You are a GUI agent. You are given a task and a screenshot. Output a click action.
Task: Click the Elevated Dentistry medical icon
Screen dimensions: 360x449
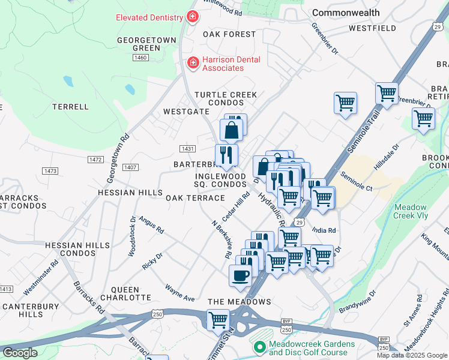(193, 17)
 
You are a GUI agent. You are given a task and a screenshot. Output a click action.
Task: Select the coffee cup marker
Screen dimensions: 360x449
(240, 276)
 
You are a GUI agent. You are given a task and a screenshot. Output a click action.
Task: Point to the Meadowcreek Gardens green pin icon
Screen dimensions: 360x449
(260, 347)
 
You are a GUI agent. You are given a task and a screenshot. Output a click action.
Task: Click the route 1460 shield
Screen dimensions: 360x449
(141, 57)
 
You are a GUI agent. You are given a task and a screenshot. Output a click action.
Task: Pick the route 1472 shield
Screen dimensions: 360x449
(95, 159)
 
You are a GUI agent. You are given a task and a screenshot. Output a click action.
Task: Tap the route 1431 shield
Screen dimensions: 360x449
(187, 148)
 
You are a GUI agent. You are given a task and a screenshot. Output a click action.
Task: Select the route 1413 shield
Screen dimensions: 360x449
(5, 289)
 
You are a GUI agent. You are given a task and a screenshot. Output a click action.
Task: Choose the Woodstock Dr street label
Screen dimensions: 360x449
(131, 238)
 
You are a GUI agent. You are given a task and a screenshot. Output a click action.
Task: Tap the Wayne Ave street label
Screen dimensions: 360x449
(180, 294)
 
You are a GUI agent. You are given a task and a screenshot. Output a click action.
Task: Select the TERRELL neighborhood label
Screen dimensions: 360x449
(70, 107)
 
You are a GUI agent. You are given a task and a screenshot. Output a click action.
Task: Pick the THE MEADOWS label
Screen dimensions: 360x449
(240, 301)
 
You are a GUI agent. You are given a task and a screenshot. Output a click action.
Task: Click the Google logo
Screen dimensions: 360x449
(20, 353)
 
